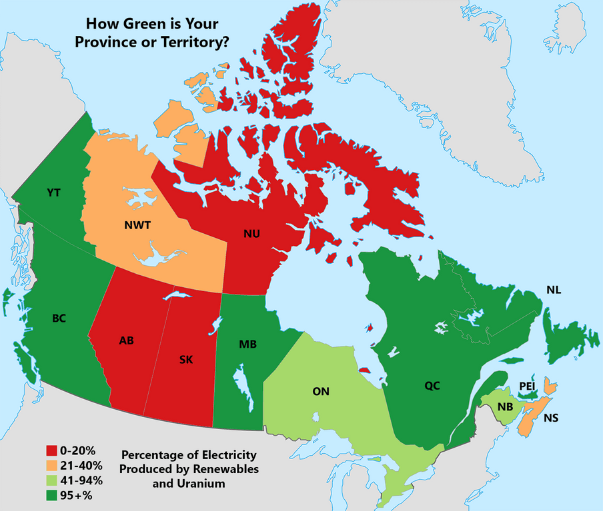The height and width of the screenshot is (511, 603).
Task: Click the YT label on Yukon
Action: (x=54, y=193)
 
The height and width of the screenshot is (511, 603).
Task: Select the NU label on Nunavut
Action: (x=251, y=233)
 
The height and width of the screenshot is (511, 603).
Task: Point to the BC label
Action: (x=59, y=318)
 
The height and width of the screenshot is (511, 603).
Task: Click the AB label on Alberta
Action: (x=126, y=340)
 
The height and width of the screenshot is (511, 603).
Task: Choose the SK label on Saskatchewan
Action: (x=186, y=359)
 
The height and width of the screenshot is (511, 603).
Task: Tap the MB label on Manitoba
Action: (x=248, y=344)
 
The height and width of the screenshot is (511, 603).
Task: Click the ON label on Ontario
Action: (x=322, y=392)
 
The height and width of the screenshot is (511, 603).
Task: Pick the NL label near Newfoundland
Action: (x=554, y=290)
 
